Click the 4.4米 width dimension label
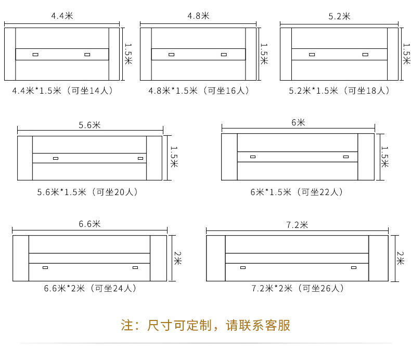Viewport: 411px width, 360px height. (x=61, y=16)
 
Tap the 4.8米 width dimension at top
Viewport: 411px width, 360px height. (x=198, y=16)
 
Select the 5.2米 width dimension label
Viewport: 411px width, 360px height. (x=339, y=16)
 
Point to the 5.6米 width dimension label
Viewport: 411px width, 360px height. (x=89, y=125)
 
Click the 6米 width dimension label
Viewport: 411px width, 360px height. (x=298, y=123)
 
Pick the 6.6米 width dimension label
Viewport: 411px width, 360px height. (x=89, y=224)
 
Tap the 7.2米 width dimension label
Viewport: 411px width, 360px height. (x=297, y=225)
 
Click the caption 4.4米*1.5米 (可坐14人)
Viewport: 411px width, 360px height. (x=62, y=91)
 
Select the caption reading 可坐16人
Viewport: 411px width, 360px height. (x=198, y=91)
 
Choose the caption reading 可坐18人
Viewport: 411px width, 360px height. (x=339, y=91)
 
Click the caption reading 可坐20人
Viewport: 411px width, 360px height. (x=87, y=192)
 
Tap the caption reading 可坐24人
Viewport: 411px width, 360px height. (x=89, y=288)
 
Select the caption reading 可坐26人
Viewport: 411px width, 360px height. (x=297, y=288)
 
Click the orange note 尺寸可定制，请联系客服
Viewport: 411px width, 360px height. (x=205, y=326)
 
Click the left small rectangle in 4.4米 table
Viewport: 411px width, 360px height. (x=35, y=54)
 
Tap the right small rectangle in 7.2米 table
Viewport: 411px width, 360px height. (x=354, y=267)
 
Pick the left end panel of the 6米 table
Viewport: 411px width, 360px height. (x=229, y=157)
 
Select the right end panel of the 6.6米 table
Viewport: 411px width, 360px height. (x=158, y=258)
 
